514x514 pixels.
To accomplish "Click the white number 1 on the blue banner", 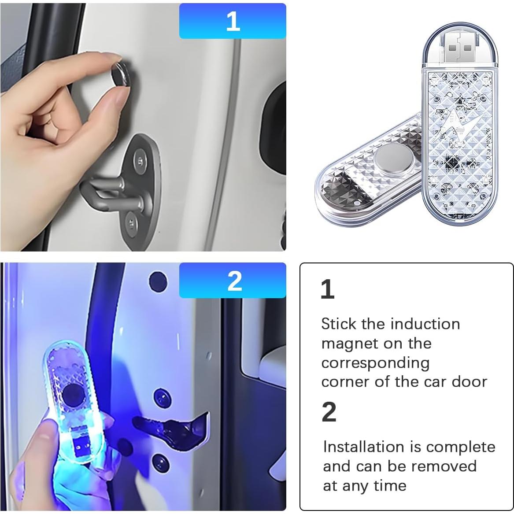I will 233,21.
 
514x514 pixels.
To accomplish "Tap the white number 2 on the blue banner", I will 234,281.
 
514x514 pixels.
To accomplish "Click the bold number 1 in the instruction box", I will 327,289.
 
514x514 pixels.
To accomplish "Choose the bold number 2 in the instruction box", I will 329,412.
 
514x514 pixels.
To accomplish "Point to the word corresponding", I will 375,362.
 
